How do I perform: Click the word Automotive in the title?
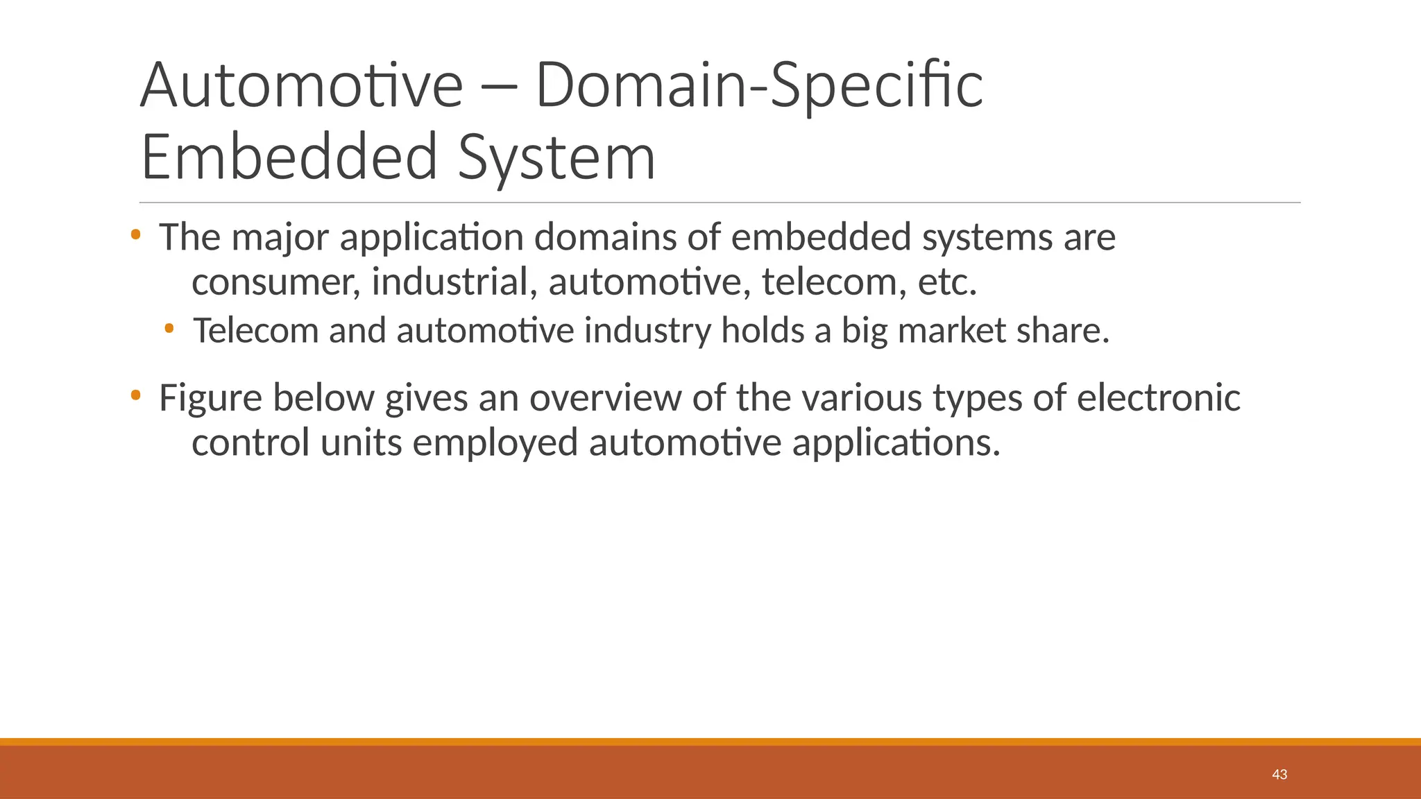[301, 86]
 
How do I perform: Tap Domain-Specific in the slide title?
[759, 86]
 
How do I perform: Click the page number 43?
[1279, 775]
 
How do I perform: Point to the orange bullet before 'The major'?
[135, 235]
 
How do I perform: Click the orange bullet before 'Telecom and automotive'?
[169, 327]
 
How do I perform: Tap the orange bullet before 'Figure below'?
[135, 396]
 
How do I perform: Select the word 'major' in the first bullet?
[280, 238]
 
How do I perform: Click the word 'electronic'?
[1158, 399]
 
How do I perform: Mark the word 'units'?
[361, 443]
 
